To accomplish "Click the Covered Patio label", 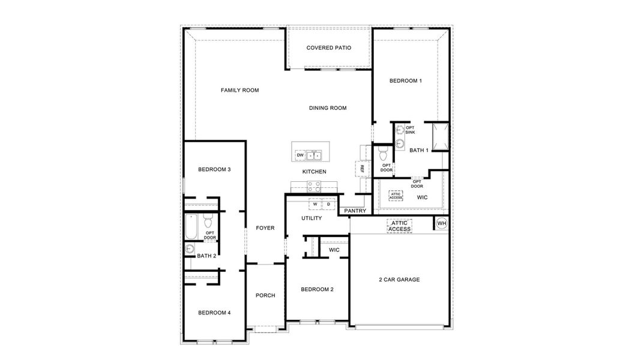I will pos(328,48).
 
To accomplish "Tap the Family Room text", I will pos(239,91).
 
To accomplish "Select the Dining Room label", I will pos(328,108).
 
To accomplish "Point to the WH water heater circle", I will pos(442,224).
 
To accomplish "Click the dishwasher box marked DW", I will pos(299,155).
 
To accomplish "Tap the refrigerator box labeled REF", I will pos(362,170).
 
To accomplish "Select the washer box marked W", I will pos(314,204).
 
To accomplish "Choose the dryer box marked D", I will pos(328,204).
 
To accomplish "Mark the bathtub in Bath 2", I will pos(191,227).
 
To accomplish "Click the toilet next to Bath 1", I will pos(382,154).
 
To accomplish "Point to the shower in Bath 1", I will pos(439,137).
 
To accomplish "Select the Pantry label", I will pos(355,211).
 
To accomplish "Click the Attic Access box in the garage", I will pos(399,226).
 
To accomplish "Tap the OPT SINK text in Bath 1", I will pos(410,130).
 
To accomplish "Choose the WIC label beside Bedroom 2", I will pos(334,250).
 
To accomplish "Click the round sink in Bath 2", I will pos(190,249).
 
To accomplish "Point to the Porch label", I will pos(265,295).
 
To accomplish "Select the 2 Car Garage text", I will pos(399,280).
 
